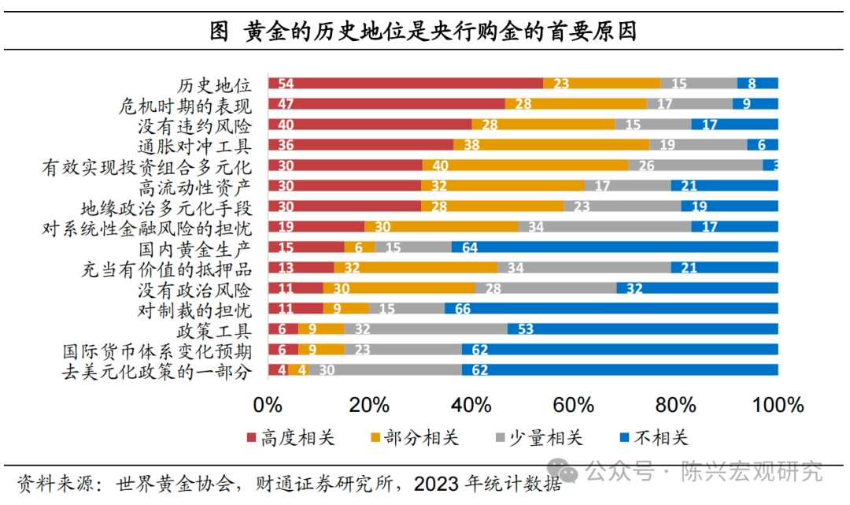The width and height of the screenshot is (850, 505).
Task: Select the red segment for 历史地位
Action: (405, 84)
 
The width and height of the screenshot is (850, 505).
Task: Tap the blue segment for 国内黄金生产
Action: (614, 247)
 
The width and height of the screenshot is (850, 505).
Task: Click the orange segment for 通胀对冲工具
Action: (551, 145)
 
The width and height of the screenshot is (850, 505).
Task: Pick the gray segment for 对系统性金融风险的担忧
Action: (604, 227)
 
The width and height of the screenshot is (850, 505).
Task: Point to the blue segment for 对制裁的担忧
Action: (611, 309)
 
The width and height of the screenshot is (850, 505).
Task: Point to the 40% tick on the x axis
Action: (471, 405)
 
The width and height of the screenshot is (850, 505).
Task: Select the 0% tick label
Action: (268, 405)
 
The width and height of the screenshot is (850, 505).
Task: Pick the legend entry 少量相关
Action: (537, 438)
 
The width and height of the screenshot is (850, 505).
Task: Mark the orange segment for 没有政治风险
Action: (399, 288)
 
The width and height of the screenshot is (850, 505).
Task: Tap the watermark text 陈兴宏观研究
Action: (751, 471)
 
